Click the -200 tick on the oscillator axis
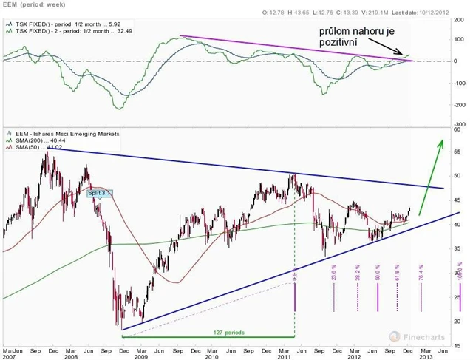click(458, 103)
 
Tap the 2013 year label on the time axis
click(427, 356)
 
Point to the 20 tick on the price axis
click(458, 321)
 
